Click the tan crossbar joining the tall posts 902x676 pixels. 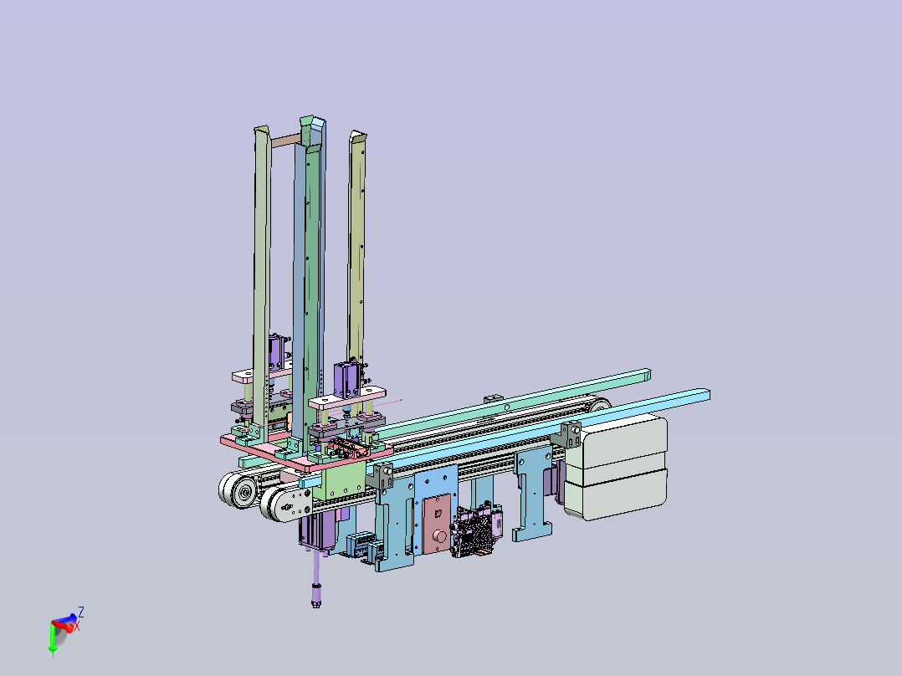tap(286, 140)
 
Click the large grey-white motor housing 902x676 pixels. tap(616, 467)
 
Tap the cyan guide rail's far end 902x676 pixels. tap(705, 394)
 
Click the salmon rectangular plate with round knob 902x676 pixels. tap(437, 524)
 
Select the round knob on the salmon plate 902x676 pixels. tap(440, 537)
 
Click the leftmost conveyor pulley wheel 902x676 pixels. tap(238, 490)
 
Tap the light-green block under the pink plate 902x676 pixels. tap(344, 481)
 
